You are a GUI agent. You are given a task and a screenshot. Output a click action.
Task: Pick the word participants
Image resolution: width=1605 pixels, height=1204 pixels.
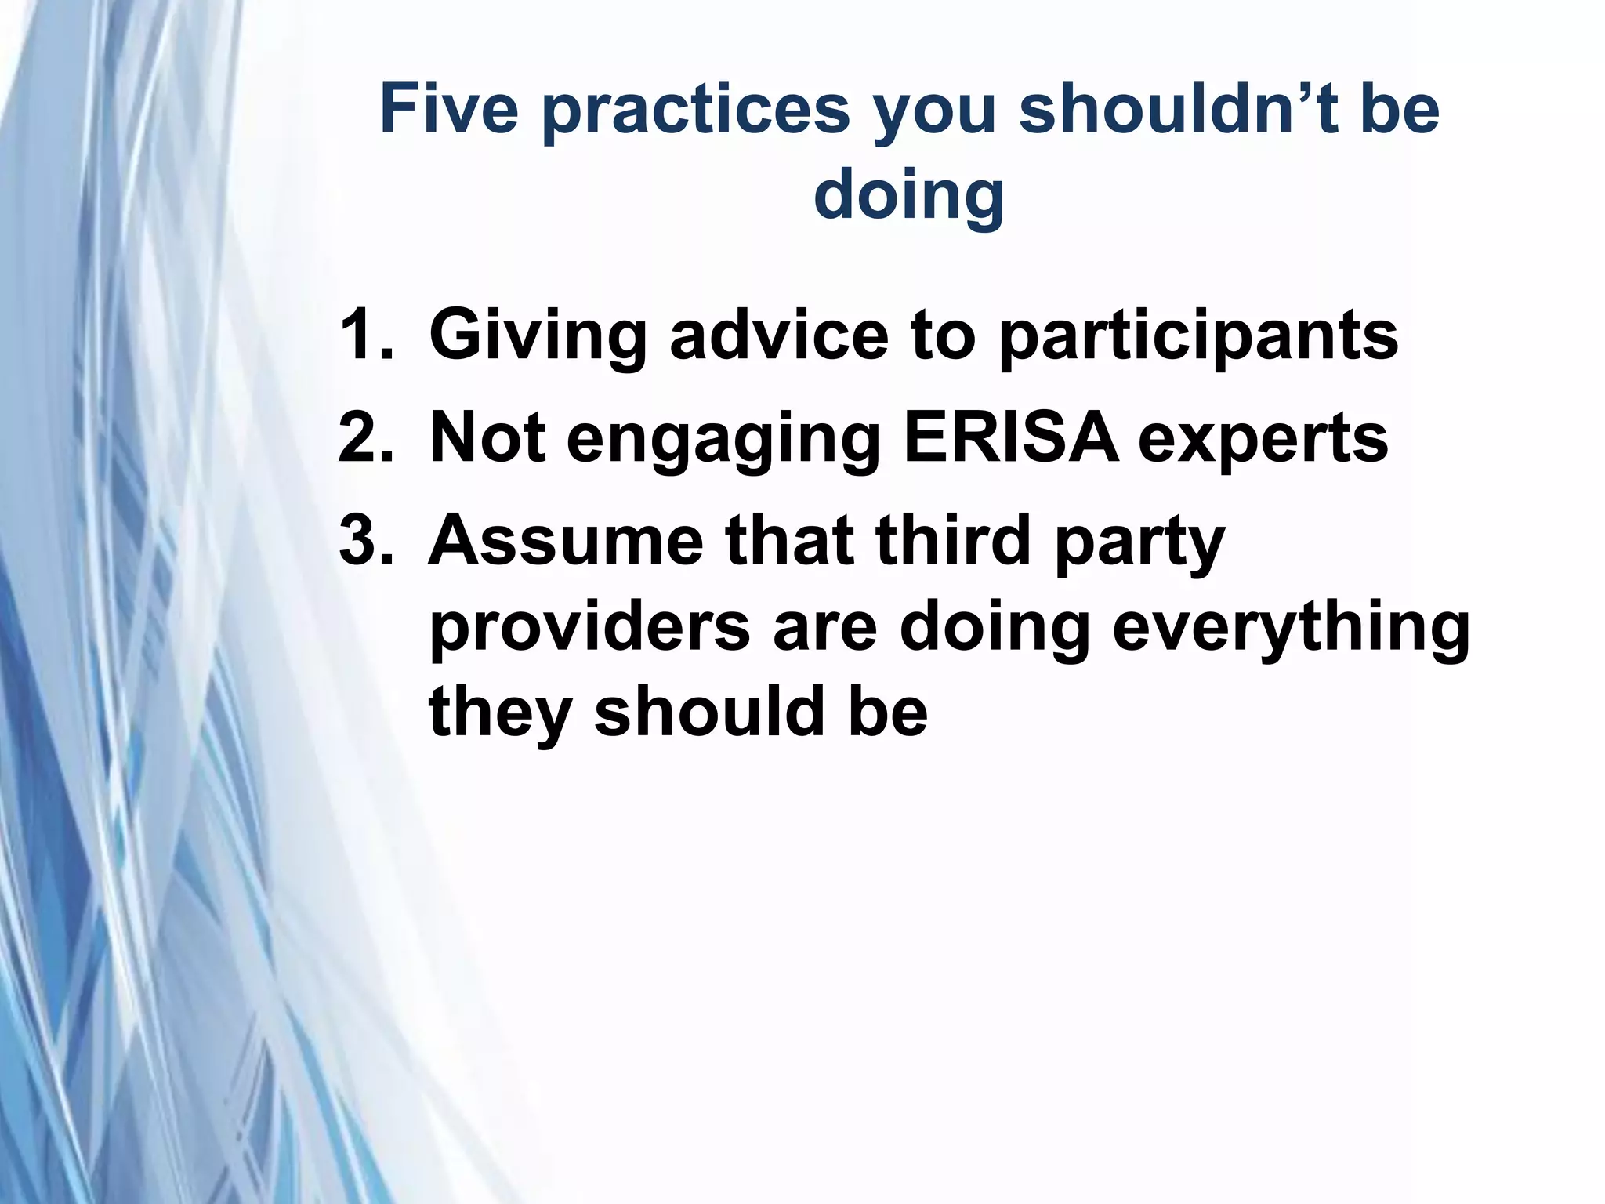1198,337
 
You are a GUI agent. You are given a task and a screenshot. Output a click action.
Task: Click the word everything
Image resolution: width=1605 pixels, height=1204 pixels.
1290,629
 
